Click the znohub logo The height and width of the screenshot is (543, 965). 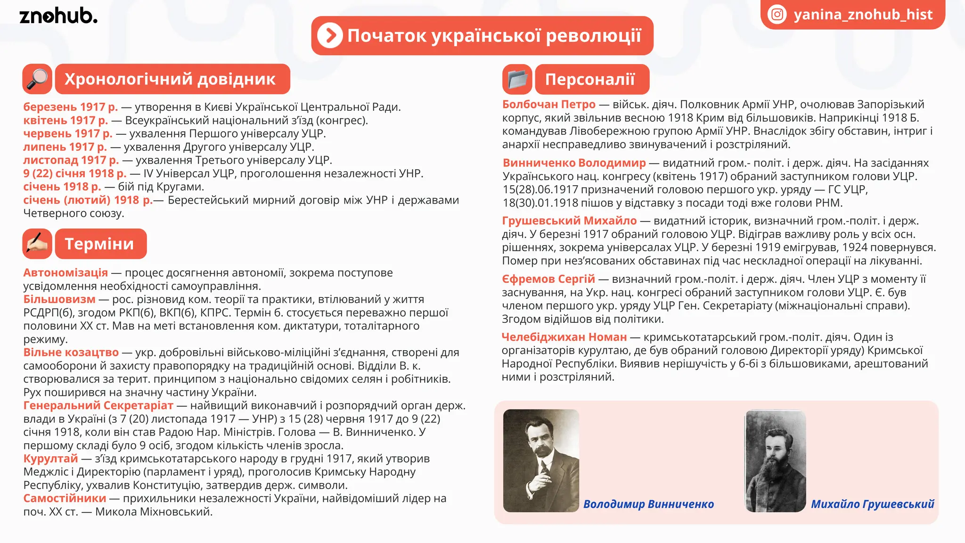[58, 16]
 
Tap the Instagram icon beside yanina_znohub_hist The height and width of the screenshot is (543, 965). [777, 15]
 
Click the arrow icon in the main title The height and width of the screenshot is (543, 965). [330, 35]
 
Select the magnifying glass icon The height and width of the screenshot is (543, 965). [37, 79]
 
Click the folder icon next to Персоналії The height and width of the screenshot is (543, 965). [517, 79]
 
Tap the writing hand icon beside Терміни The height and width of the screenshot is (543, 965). [37, 244]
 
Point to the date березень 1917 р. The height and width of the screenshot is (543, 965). [70, 107]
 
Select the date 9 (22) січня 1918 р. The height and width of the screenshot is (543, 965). [74, 173]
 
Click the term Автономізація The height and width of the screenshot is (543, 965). [65, 272]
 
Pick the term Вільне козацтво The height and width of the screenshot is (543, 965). [71, 352]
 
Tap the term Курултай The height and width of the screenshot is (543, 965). [50, 458]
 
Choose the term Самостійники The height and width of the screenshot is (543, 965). [65, 498]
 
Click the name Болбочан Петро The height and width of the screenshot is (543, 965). [548, 104]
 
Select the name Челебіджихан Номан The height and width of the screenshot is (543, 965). [564, 337]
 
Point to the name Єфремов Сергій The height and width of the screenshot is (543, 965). [548, 279]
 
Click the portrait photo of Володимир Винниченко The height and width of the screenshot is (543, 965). [540, 461]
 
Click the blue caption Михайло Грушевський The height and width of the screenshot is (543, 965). [872, 504]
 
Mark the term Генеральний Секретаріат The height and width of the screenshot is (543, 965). [98, 405]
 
